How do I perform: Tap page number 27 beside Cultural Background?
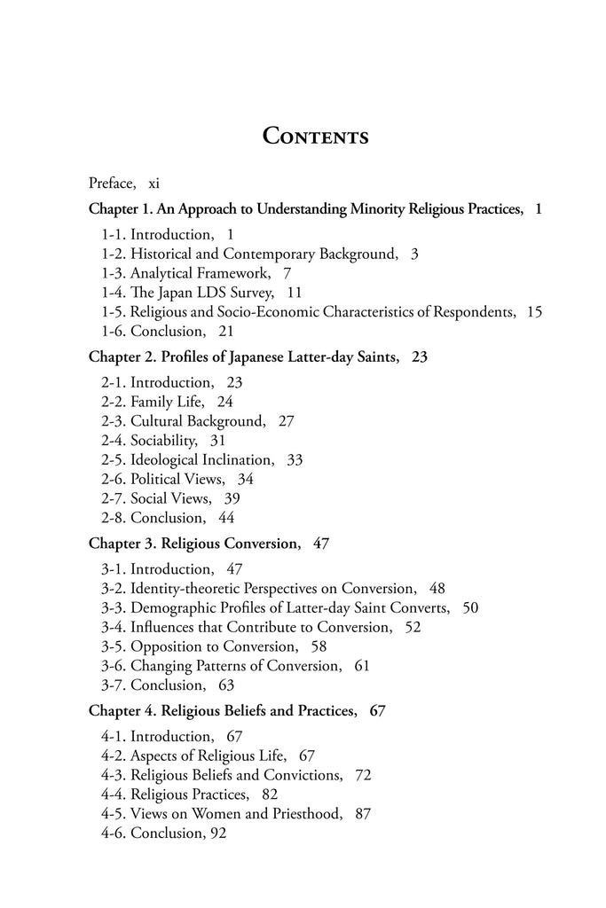[286, 420]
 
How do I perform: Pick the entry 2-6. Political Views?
[163, 479]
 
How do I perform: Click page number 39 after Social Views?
[232, 498]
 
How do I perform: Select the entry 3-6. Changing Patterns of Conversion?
[221, 665]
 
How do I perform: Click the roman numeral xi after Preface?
[153, 184]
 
